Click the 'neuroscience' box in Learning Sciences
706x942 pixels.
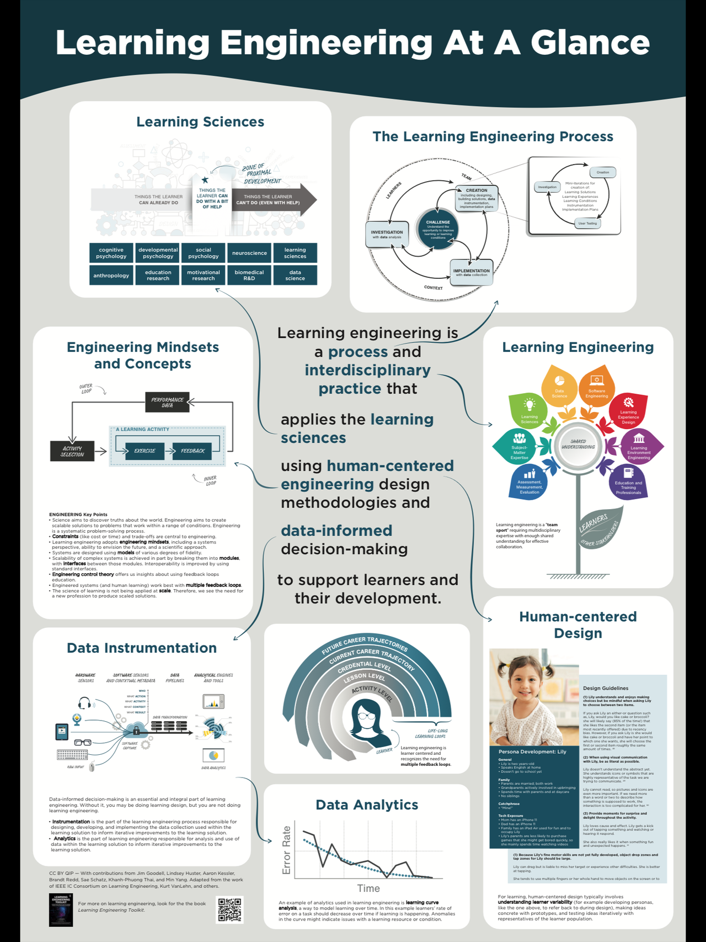point(249,253)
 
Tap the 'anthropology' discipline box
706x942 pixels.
point(111,275)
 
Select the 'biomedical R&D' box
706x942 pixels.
point(249,275)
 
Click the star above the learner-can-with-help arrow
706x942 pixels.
point(205,180)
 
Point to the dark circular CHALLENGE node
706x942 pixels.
point(438,227)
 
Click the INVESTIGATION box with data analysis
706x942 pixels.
point(387,234)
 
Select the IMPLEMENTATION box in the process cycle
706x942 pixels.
point(471,272)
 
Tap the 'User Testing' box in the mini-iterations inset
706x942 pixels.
point(587,223)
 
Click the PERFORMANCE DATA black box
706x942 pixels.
point(167,402)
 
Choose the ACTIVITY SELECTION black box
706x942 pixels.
point(72,451)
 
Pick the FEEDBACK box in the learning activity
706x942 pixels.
point(192,451)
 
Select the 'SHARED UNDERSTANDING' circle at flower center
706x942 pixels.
point(578,444)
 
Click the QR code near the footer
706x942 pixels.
point(230,910)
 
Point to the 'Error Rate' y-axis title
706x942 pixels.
point(286,850)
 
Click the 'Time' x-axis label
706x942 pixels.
point(368,888)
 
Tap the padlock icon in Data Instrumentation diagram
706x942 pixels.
point(136,730)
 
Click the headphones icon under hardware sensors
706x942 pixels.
point(84,703)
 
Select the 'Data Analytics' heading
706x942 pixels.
point(367,805)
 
